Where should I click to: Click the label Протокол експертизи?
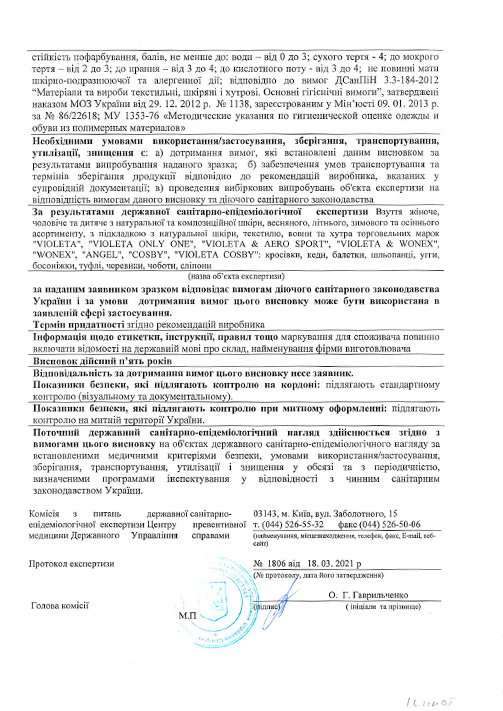coord(71,564)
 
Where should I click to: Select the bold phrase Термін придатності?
coord(79,325)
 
